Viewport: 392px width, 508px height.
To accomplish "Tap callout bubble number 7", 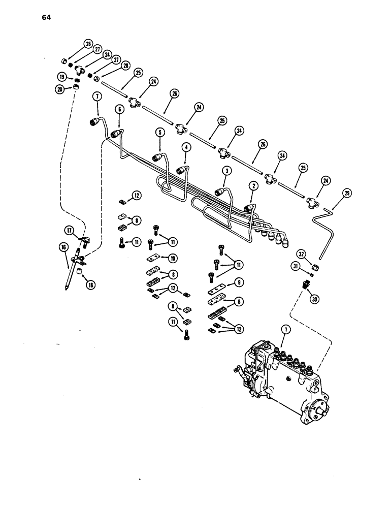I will click(96, 96).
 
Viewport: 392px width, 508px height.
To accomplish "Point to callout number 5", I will click(160, 133).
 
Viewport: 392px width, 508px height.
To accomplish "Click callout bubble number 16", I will click(64, 247).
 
